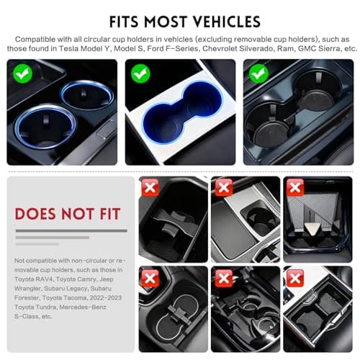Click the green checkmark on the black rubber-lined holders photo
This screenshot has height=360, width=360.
click(256, 73)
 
